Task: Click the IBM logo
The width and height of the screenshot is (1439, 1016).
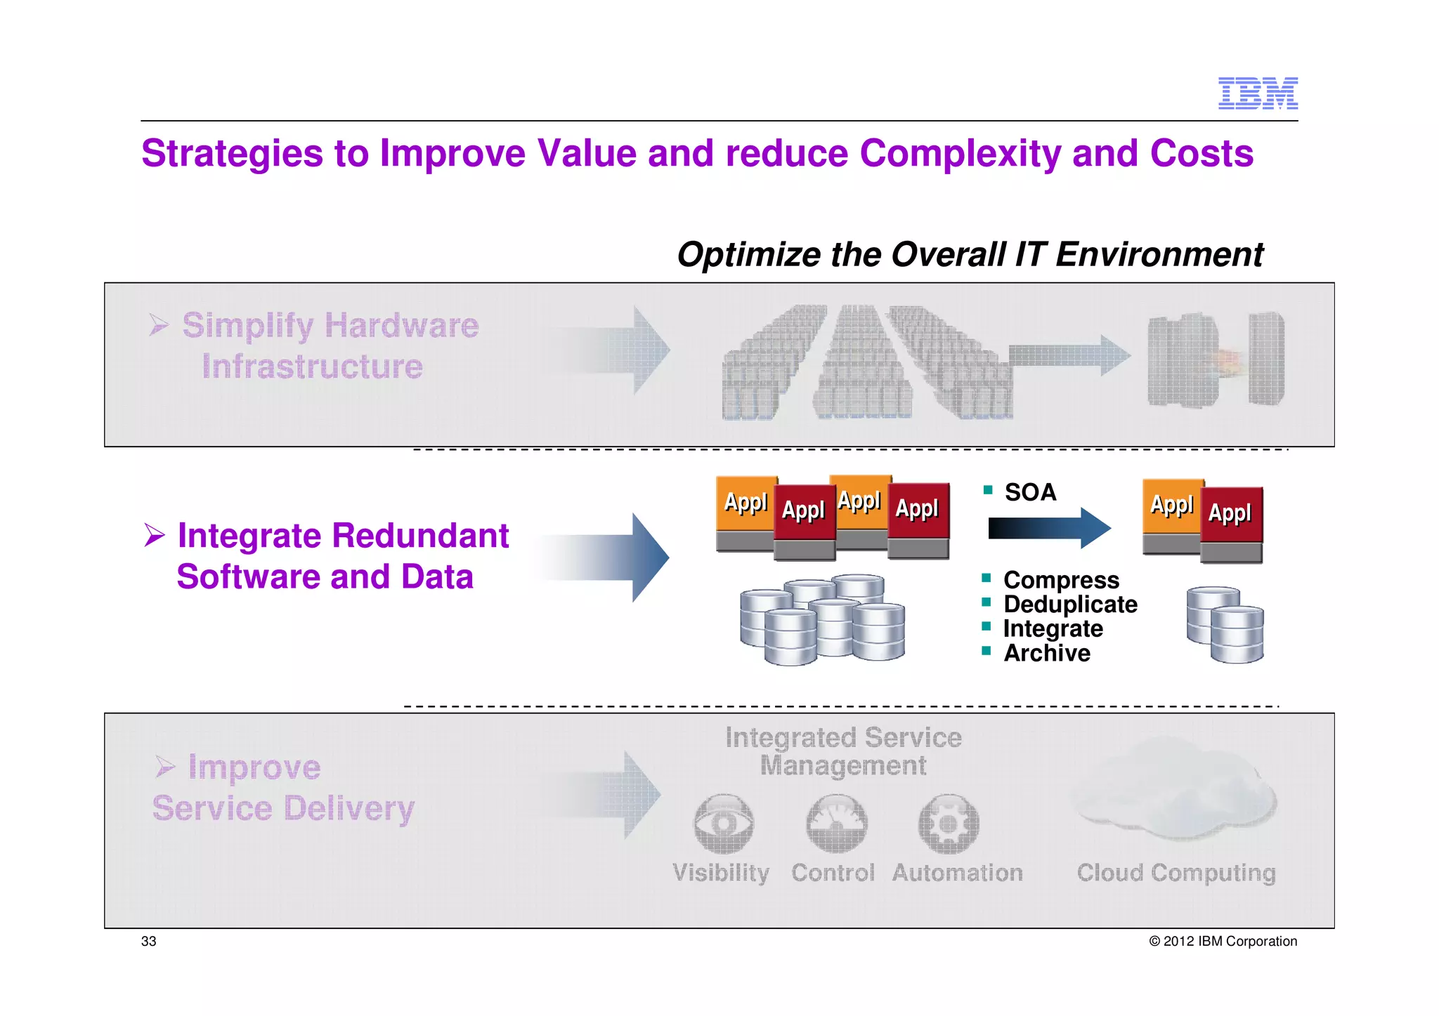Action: coord(1257,93)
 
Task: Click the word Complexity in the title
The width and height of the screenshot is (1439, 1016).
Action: coord(959,154)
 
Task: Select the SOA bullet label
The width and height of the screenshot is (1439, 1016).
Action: coord(1030,492)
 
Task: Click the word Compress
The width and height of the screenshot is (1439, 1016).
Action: coord(1061,580)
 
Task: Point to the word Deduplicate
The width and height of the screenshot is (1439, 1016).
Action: coord(1069,605)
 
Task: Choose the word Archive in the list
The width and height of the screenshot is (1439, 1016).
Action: coord(1046,653)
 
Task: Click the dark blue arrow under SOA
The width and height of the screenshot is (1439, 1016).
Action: coord(1048,528)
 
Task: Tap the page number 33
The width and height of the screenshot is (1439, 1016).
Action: coord(148,942)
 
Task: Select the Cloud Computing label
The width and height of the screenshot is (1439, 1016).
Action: coord(1176,873)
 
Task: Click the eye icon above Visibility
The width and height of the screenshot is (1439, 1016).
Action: coord(723,824)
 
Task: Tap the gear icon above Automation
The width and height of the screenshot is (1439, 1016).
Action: coord(949,824)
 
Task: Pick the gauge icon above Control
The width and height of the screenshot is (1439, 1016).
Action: coord(836,824)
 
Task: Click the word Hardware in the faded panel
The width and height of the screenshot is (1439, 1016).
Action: coord(401,326)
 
